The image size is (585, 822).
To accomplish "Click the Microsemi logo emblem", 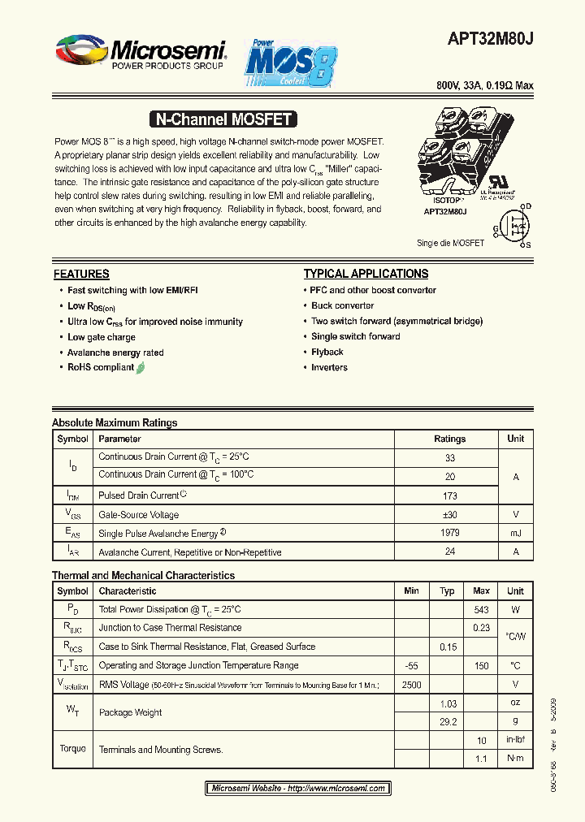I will (80, 51).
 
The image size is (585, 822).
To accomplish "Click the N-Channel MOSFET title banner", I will (223, 119).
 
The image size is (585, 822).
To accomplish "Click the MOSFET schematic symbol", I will (513, 225).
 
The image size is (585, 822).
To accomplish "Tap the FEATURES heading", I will (81, 275).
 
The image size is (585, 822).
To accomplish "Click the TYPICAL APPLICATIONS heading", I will (366, 275).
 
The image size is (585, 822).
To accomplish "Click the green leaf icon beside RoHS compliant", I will (141, 367).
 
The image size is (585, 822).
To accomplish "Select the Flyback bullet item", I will (327, 352).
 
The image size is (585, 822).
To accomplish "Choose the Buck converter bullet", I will (342, 305).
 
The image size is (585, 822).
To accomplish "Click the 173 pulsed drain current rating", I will (449, 495).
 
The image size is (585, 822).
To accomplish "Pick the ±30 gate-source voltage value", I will (449, 514).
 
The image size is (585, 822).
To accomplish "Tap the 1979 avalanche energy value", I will (449, 533).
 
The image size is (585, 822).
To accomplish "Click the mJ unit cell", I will (515, 533).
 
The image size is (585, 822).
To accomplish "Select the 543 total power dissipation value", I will (481, 609).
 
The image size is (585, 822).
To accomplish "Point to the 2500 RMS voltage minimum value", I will (411, 685).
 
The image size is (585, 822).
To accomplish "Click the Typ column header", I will (447, 591).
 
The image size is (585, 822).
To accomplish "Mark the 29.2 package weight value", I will (447, 721).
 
